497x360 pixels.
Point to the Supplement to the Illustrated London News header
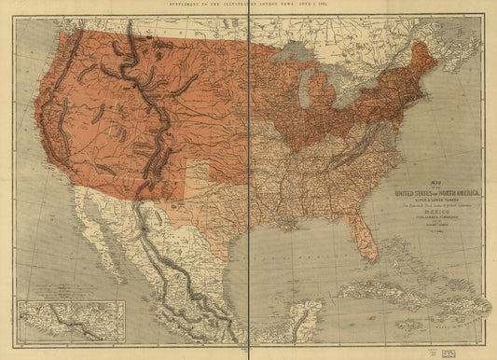248,5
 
